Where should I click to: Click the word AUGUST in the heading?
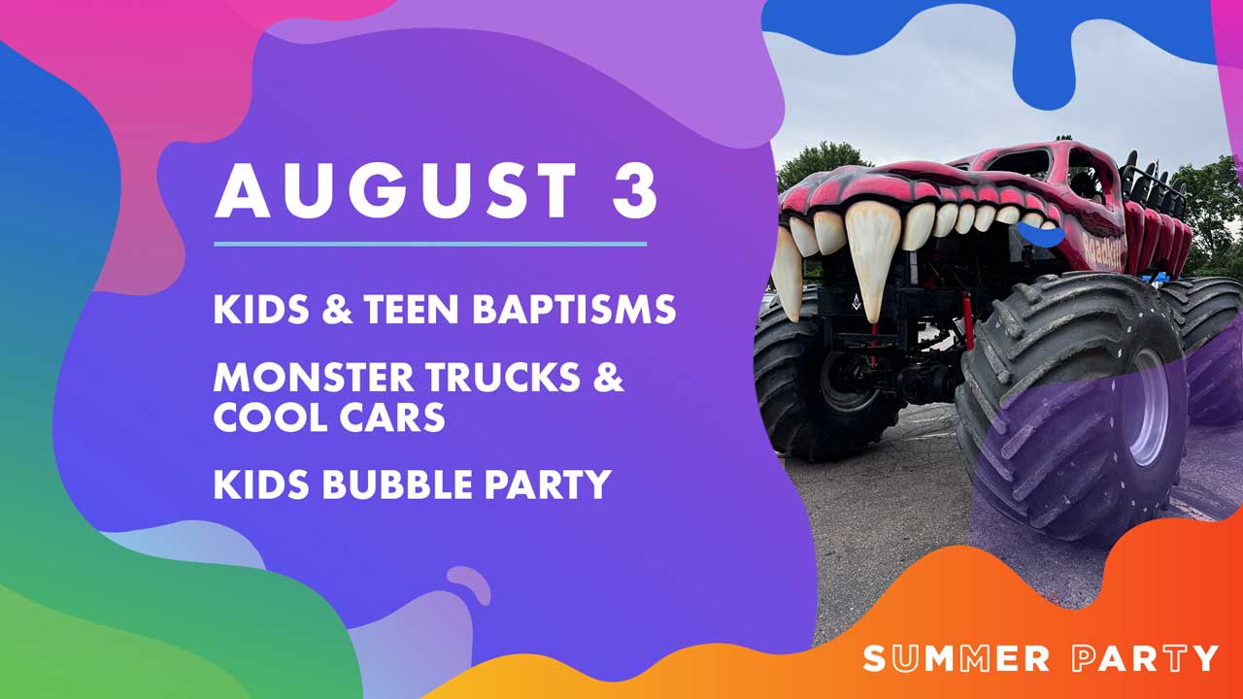click(x=395, y=191)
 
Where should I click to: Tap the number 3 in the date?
click(x=635, y=191)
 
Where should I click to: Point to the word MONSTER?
click(x=314, y=378)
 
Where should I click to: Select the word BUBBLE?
click(x=397, y=484)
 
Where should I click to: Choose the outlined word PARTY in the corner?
click(x=1145, y=658)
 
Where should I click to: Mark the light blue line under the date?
click(x=430, y=244)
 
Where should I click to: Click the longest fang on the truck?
click(x=871, y=261)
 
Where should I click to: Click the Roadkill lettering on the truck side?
click(x=1101, y=250)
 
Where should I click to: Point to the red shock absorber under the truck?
click(x=968, y=320)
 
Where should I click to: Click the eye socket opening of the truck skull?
click(x=1019, y=162)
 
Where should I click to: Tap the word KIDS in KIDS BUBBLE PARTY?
click(x=261, y=484)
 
